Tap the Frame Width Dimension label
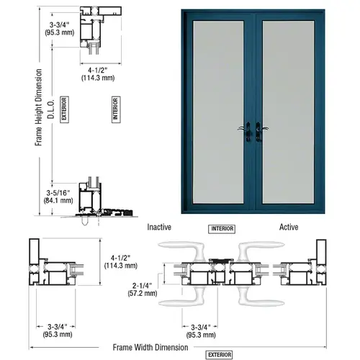[x=150, y=346]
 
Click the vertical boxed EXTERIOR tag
[x=64, y=109]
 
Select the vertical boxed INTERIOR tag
[x=115, y=109]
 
